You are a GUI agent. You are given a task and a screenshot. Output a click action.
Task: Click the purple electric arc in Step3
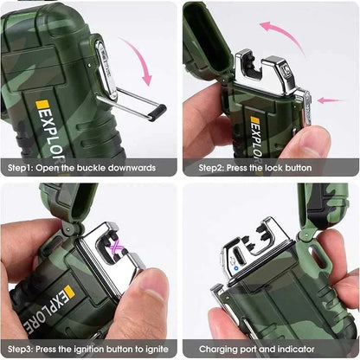point(113,252)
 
